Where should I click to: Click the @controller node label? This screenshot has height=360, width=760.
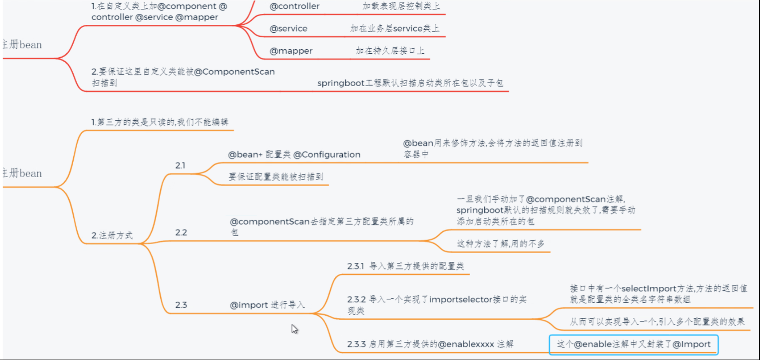(x=294, y=6)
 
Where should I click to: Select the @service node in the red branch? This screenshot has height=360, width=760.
(x=289, y=28)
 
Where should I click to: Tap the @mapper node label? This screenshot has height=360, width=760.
(x=291, y=51)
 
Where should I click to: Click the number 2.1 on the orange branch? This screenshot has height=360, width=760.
(x=180, y=166)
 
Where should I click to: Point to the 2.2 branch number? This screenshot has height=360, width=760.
(x=181, y=233)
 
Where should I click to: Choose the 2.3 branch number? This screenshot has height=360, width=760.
(x=181, y=305)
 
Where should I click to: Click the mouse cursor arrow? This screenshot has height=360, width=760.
(x=294, y=328)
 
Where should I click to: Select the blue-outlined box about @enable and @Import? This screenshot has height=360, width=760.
(x=633, y=344)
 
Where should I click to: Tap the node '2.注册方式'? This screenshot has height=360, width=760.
(x=112, y=235)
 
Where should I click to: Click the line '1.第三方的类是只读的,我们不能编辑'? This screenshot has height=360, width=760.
(x=160, y=122)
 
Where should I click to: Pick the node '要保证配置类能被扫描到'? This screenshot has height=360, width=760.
(x=276, y=177)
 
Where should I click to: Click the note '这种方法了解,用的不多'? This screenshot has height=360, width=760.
(x=501, y=244)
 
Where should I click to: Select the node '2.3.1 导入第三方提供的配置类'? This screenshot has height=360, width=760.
(x=405, y=266)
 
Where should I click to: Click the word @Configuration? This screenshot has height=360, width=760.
(x=327, y=154)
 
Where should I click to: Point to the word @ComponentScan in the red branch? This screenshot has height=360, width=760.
(x=234, y=71)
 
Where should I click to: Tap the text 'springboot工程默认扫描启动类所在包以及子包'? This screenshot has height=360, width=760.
(x=410, y=83)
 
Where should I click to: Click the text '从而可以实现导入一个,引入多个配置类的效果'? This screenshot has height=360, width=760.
(x=657, y=321)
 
